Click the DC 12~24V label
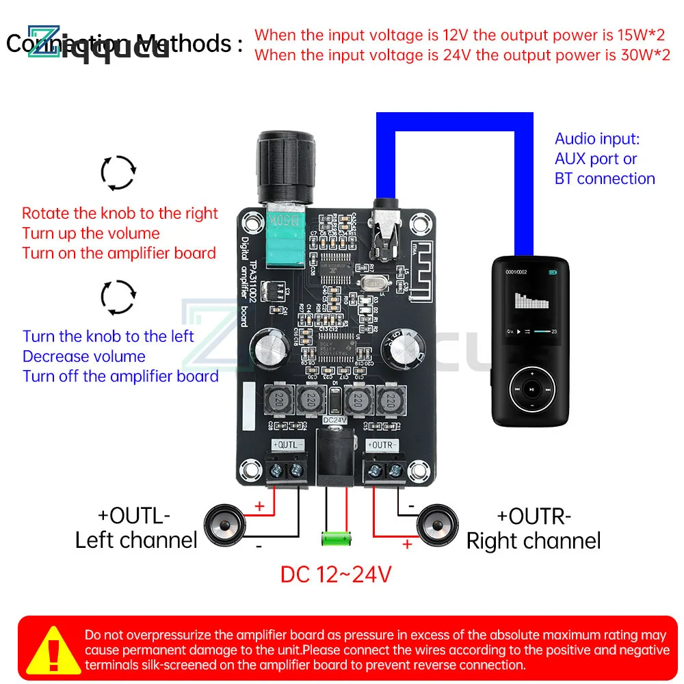click(335, 573)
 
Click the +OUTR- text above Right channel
click(534, 515)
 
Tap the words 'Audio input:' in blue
click(596, 139)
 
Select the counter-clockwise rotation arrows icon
click(118, 296)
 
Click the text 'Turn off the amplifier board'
click(120, 376)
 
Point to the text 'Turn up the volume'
click(91, 233)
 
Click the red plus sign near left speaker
click(259, 506)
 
